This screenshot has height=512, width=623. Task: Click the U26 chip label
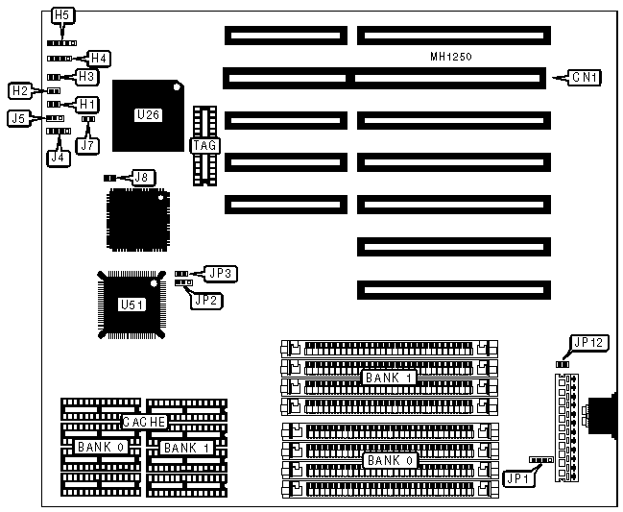[148, 115]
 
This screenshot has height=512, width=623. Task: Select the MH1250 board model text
[450, 59]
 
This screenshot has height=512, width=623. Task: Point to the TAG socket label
[205, 146]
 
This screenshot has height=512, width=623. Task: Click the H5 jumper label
[62, 16]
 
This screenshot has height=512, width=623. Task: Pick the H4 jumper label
[99, 58]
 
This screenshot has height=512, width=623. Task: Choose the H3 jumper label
[86, 75]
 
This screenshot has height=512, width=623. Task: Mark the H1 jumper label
[86, 103]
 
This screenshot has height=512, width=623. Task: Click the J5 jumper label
[19, 118]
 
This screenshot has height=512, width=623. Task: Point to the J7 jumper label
[87, 145]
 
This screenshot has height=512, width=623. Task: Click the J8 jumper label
[142, 177]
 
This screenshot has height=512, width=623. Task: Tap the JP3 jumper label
[222, 274]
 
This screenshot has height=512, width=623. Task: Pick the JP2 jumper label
[205, 300]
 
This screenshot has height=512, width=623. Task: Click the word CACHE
[144, 422]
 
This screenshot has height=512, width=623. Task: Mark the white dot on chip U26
[176, 88]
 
